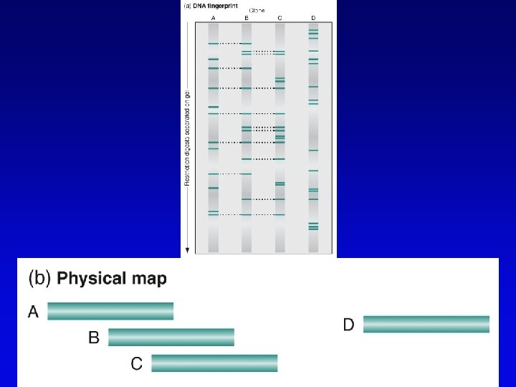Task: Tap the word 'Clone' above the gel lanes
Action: [258, 11]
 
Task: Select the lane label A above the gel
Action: [213, 17]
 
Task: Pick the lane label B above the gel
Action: [247, 17]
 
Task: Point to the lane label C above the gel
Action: [279, 17]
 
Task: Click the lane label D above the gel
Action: [313, 17]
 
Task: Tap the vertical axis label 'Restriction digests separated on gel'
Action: [187, 136]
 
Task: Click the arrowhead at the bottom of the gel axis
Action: [187, 249]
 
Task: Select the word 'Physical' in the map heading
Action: [86, 278]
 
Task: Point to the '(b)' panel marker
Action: [39, 278]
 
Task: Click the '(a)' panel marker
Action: [188, 4]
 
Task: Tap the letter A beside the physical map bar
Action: [34, 311]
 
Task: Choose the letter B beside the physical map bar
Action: [94, 337]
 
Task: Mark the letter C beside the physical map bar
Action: [137, 363]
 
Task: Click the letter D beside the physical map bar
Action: [348, 325]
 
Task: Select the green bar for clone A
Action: [110, 311]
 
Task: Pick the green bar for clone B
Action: [171, 337]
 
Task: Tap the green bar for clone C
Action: [214, 363]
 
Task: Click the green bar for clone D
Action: [426, 324]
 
